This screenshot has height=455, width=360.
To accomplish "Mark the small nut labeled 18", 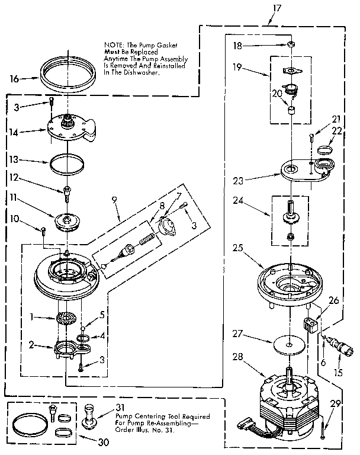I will coord(292,45).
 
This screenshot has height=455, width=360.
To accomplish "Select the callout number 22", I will coord(337,130).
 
